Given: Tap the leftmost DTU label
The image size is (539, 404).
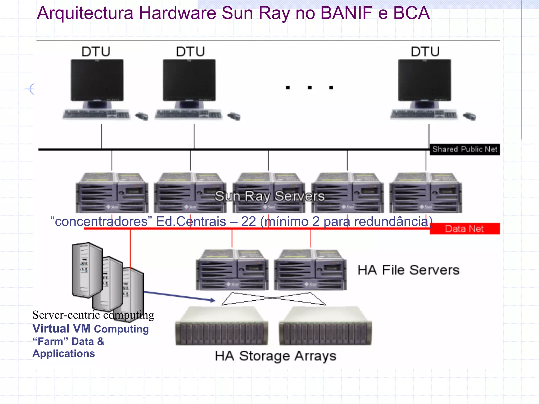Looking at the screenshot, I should pyautogui.click(x=96, y=52).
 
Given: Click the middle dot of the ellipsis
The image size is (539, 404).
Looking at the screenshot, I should pyautogui.click(x=310, y=88).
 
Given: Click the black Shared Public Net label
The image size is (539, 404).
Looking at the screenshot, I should pyautogui.click(x=465, y=149).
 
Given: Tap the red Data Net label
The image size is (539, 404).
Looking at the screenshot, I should pyautogui.click(x=465, y=229).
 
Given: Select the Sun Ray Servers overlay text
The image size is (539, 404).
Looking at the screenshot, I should pyautogui.click(x=269, y=196).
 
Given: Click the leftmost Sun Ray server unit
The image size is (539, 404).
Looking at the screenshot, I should pyautogui.click(x=112, y=193).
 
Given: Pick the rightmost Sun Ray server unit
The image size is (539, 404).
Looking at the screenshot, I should pyautogui.click(x=426, y=193).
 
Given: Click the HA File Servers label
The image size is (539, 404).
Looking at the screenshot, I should pyautogui.click(x=408, y=270).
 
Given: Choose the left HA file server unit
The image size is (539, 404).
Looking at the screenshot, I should pyautogui.click(x=232, y=270).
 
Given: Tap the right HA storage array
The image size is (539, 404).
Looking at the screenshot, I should pyautogui.click(x=325, y=326).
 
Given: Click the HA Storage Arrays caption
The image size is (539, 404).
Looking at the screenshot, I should pyautogui.click(x=276, y=356).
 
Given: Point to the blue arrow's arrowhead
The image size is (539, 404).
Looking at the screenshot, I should pyautogui.click(x=213, y=300).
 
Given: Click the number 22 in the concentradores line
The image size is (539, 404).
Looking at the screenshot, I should pyautogui.click(x=248, y=221).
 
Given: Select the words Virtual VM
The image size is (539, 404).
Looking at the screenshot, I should pyautogui.click(x=61, y=329).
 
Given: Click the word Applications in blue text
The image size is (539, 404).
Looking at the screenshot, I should pyautogui.click(x=64, y=353).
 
